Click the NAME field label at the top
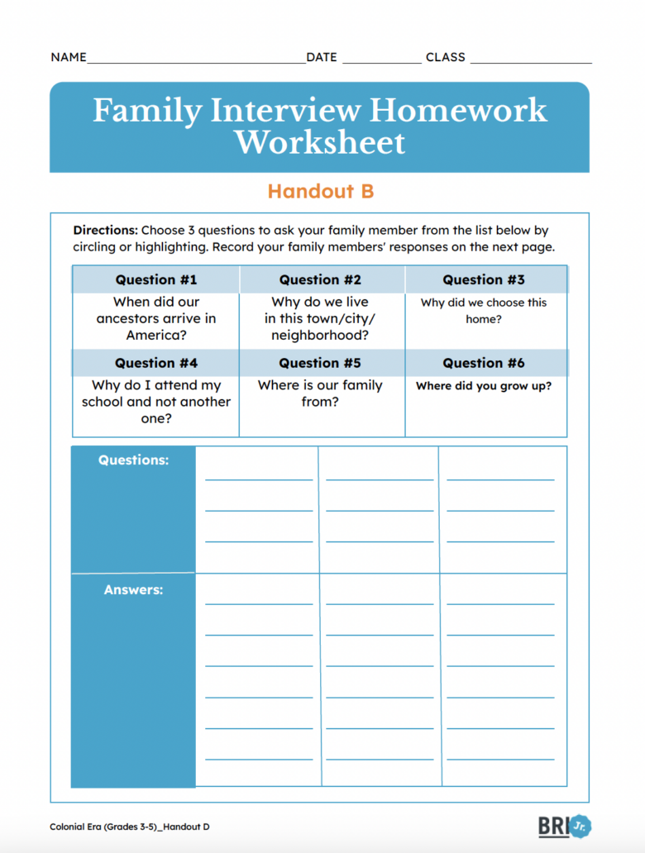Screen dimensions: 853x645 coord(68,58)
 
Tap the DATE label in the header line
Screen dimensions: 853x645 coord(322,58)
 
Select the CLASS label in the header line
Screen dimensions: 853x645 coord(445,58)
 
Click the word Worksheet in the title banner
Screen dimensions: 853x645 coord(320,143)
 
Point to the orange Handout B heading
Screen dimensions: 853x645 coord(320,192)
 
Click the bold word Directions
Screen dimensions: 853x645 coord(105,231)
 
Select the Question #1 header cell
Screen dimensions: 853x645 coord(156,279)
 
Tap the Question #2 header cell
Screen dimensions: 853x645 coord(320,279)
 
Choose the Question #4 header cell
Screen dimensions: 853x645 coord(156,363)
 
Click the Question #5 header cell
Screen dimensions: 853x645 coord(320,363)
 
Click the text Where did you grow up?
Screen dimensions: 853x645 coord(484,386)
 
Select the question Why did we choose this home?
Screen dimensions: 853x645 coord(484,311)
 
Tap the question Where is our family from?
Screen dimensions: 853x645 coord(320,393)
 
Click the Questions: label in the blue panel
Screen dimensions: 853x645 coord(133,460)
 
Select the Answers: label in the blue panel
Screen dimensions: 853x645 coord(133,590)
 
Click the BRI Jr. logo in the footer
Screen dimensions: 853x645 coord(565,826)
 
